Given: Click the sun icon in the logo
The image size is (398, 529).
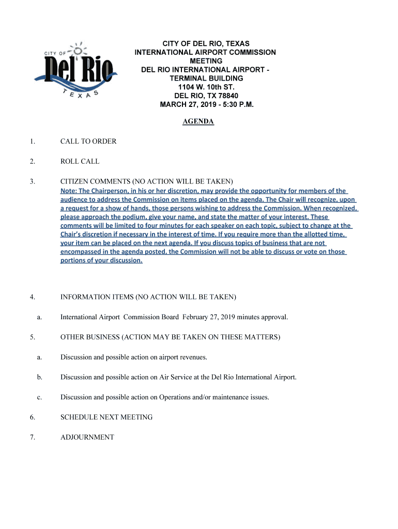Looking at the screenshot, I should [x=78, y=50].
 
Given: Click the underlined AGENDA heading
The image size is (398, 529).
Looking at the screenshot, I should [x=198, y=121].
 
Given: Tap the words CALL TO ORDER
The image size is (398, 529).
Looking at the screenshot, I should [x=88, y=142].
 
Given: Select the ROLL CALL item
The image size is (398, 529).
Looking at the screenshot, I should [x=80, y=162].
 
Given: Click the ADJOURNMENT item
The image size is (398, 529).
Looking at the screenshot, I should [x=87, y=437].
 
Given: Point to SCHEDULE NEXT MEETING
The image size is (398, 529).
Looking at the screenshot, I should [x=106, y=417].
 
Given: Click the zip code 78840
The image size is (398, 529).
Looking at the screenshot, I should [x=227, y=96].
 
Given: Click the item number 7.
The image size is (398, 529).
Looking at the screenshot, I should [x=32, y=437].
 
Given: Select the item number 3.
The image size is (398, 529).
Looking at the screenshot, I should [x=32, y=181].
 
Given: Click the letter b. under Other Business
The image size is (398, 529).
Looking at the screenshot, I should [x=39, y=377].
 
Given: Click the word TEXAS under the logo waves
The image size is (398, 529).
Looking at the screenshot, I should [x=78, y=94].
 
